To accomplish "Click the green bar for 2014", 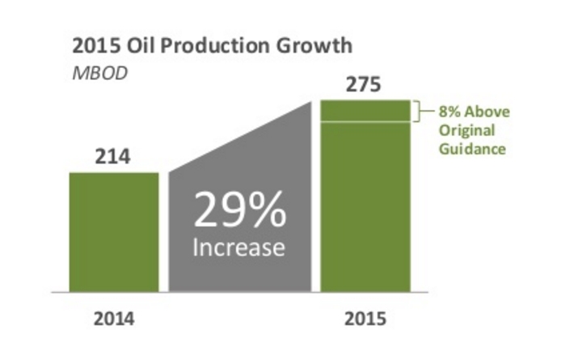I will (x=114, y=231).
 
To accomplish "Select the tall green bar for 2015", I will (x=366, y=206).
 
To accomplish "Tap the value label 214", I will (x=113, y=157).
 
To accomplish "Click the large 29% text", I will (x=239, y=213).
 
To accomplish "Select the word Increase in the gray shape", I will (x=239, y=247).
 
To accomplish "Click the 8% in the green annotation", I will (x=450, y=112).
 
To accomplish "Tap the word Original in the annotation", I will (x=467, y=131).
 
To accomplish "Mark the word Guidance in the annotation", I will (x=473, y=149).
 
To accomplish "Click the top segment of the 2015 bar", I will (x=366, y=111).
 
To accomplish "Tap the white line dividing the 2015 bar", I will (x=366, y=122).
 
